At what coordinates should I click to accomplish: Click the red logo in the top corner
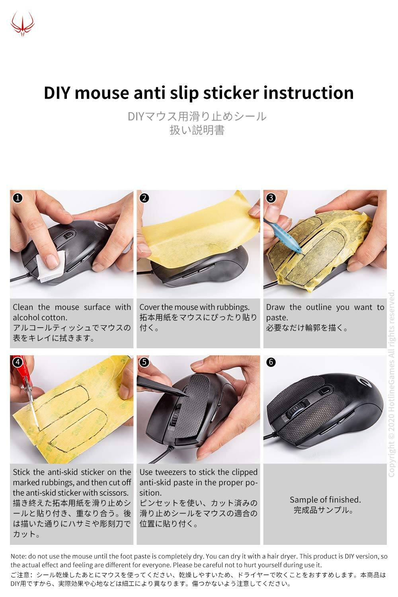[22, 23]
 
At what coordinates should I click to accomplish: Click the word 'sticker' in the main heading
[230, 93]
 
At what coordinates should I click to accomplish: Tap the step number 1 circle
[18, 198]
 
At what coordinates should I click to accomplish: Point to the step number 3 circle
[271, 198]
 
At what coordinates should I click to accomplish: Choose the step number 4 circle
[18, 362]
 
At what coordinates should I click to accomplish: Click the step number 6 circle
[271, 362]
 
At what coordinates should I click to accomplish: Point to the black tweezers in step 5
[159, 386]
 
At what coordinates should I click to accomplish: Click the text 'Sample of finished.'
[325, 499]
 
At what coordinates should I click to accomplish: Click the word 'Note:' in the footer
[18, 556]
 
